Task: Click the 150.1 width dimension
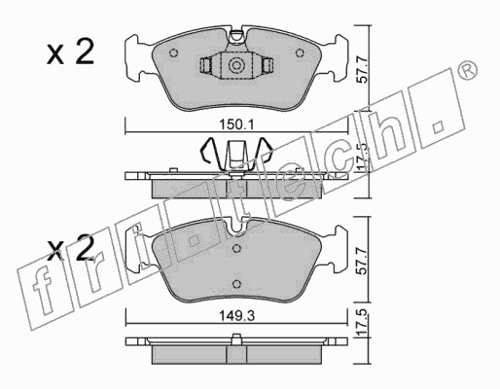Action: tap(237, 124)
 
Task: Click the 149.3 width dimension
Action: tap(236, 315)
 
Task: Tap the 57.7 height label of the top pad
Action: tap(364, 69)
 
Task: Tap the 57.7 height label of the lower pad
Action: tap(364, 261)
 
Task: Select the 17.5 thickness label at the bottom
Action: tap(364, 323)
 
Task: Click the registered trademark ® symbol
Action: tap(467, 70)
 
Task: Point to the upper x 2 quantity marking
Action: tap(70, 52)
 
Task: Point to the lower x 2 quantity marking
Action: tap(70, 249)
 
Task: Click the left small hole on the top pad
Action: tap(174, 53)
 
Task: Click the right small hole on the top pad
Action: tap(300, 53)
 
